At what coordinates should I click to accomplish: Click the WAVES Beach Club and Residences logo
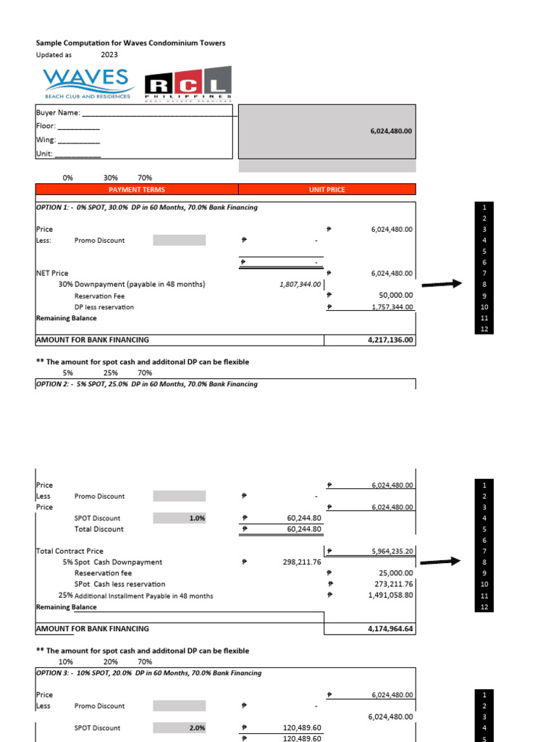pos(86,83)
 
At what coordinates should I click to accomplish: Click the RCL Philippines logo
pos(188,85)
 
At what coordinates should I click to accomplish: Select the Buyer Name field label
pos(58,113)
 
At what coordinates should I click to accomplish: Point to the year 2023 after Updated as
pos(109,54)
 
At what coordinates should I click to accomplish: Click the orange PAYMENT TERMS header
pos(137,190)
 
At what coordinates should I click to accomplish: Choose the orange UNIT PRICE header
pos(327,190)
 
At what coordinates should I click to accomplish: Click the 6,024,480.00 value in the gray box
pos(391,131)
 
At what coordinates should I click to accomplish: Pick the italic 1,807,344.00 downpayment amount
pos(299,285)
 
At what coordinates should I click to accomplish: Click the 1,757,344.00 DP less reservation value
pos(391,307)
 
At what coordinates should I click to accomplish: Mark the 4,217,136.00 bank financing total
pos(391,340)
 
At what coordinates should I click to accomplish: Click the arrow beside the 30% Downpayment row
pos(442,284)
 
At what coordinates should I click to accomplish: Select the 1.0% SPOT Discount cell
pos(196,519)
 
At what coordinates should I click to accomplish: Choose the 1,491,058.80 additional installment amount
pos(391,596)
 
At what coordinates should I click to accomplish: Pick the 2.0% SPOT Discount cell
pos(196,728)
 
